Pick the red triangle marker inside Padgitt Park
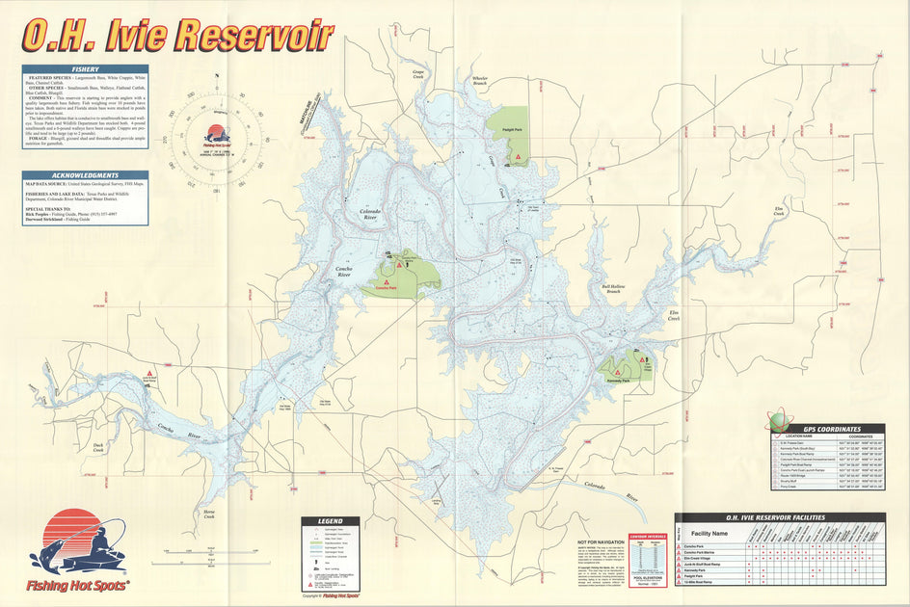519,156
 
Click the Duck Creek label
97,447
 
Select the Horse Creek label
209,515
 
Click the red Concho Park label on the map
386,288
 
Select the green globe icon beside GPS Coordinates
779,421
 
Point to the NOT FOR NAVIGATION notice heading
601,542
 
